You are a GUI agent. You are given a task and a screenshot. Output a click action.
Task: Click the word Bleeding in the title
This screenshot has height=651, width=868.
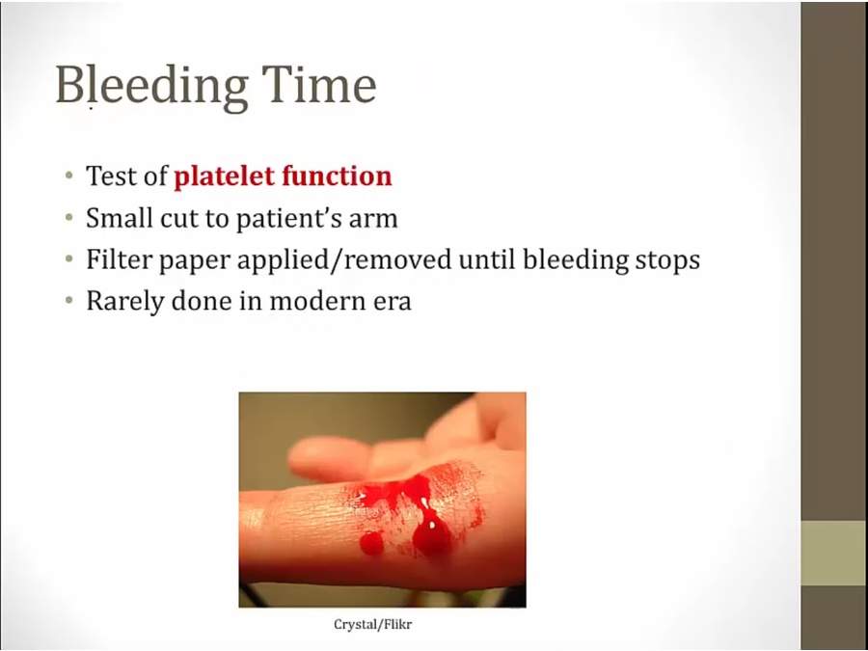151,86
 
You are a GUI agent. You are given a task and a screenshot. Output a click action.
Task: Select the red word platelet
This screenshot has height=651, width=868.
224,176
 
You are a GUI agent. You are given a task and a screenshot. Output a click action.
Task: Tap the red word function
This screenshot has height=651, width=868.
338,176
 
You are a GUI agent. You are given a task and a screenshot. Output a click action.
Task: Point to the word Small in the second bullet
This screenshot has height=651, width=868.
119,218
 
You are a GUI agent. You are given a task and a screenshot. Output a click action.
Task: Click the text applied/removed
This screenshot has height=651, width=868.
344,259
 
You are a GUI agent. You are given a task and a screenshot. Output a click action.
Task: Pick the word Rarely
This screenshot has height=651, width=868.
125,301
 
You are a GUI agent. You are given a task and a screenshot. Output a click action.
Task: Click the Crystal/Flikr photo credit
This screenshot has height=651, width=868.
373,624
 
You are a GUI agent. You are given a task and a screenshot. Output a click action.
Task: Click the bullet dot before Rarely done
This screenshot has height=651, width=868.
69,301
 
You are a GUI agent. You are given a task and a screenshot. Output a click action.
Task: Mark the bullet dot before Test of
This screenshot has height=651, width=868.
69,176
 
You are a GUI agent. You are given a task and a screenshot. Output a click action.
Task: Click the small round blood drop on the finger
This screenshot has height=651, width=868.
371,542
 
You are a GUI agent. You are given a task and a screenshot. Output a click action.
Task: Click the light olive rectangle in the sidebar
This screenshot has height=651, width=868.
834,553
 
